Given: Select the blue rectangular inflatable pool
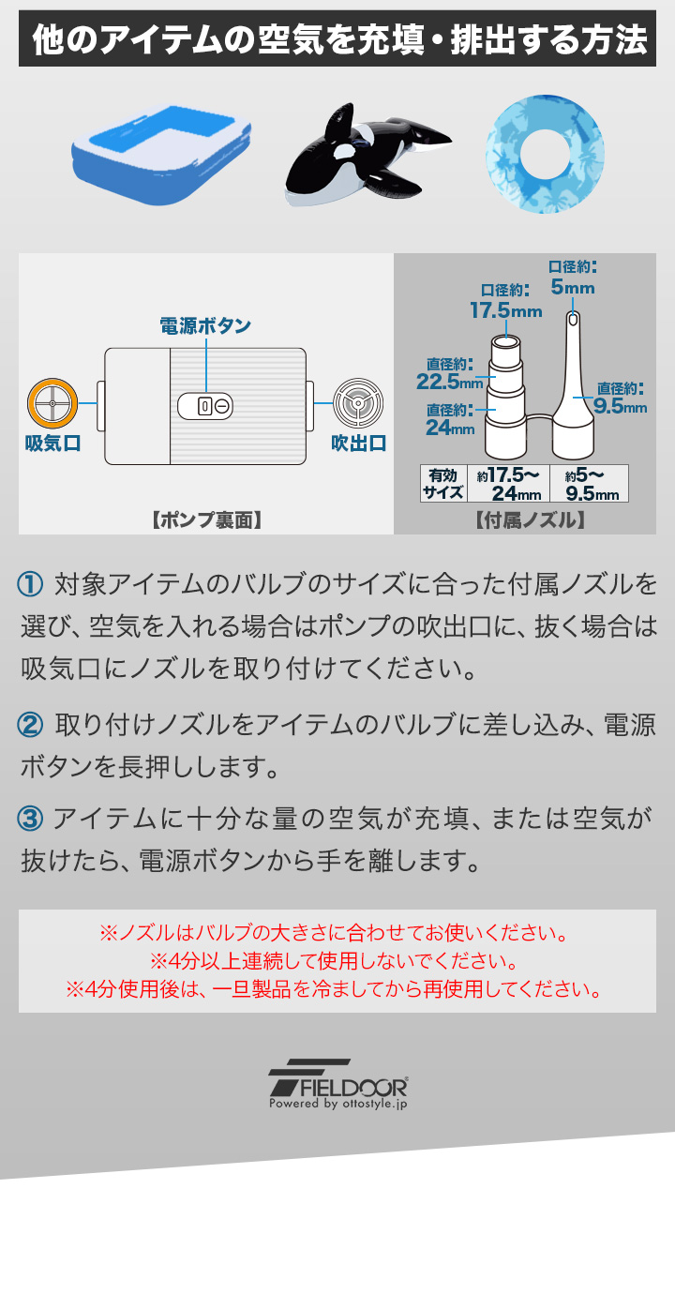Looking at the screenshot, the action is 161,155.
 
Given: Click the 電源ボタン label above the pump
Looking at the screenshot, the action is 205,325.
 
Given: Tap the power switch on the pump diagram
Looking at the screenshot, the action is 205,406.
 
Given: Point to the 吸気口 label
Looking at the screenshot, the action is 52,444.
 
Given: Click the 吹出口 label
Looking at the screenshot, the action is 358,444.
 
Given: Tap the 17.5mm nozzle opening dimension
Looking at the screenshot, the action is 506,310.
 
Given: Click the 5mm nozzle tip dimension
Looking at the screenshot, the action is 572,287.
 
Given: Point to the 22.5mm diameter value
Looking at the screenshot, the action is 450,382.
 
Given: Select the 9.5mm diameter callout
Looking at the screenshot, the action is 620,406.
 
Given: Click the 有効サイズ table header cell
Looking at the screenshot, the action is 443,484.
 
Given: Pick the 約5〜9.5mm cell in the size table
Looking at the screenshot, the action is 589,484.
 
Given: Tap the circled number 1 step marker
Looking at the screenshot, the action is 30,583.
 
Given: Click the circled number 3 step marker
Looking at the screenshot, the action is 30,819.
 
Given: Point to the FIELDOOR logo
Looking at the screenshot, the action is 338,1084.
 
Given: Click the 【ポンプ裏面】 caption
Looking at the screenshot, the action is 206,520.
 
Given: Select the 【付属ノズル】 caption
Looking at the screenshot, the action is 530,520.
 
